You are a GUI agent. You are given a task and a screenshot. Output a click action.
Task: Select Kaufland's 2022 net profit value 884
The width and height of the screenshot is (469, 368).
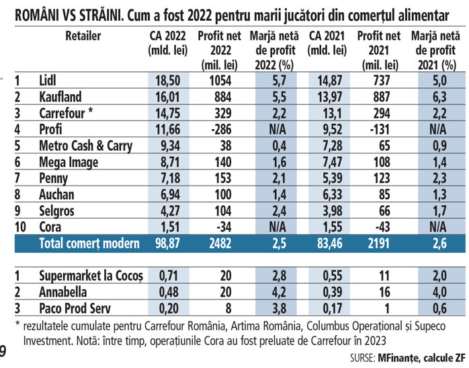point(214,97)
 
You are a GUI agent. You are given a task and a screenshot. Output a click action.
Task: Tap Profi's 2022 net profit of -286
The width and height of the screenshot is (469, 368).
point(214,129)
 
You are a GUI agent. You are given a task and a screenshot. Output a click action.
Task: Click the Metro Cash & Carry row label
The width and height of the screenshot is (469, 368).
point(85,145)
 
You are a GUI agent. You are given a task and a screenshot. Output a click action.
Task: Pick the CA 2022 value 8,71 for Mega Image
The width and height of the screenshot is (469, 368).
point(167,162)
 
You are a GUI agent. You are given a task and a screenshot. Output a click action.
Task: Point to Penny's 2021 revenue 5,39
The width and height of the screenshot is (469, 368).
point(328,178)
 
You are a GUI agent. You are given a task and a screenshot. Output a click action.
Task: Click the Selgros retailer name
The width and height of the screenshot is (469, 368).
point(57,211)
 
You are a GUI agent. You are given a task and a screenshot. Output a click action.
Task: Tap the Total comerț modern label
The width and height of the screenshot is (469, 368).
point(89,244)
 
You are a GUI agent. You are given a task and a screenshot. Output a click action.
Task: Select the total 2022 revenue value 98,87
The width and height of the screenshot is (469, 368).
point(167,244)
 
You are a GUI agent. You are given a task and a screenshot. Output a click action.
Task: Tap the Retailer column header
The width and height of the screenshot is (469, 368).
point(83,35)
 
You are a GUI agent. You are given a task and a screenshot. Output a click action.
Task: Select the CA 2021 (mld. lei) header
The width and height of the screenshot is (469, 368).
point(328,42)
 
